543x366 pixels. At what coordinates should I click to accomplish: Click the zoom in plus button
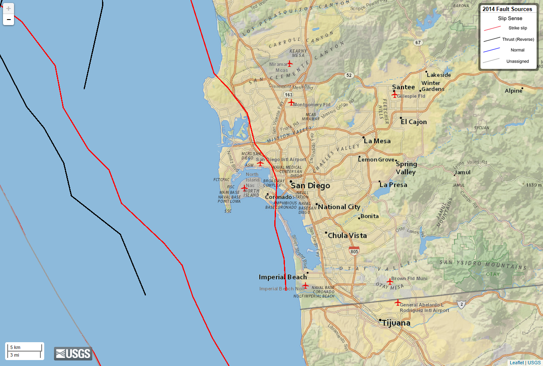tap(9, 9)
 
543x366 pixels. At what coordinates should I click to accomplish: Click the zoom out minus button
tap(9, 20)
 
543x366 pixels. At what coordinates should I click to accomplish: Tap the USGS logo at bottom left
tap(73, 353)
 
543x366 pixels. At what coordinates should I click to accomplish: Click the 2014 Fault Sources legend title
tap(507, 9)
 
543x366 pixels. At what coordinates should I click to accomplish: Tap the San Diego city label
tap(310, 186)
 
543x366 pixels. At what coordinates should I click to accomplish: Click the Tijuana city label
tap(396, 323)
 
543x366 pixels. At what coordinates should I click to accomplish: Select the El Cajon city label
tap(414, 122)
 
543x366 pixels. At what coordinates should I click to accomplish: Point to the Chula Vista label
tap(347, 235)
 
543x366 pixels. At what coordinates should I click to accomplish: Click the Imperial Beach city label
tap(283, 277)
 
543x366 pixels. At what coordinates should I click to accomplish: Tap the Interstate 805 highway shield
tap(354, 250)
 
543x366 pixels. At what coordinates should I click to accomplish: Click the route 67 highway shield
tap(418, 43)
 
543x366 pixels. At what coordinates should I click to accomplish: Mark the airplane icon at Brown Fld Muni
tap(390, 281)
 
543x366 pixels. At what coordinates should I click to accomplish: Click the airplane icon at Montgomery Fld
tap(291, 102)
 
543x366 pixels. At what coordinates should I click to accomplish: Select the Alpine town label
tap(513, 91)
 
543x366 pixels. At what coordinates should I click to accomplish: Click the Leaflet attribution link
tap(517, 363)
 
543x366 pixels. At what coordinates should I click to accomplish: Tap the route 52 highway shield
tap(349, 75)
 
